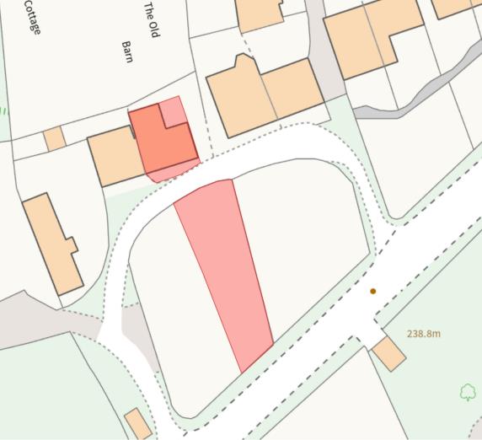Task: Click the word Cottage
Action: (x=33, y=15)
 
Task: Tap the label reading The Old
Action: (x=152, y=19)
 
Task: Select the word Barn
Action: (x=128, y=51)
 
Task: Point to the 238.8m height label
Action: (x=424, y=334)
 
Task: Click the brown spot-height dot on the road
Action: (x=372, y=292)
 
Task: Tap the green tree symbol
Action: (x=468, y=392)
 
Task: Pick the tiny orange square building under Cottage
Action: (x=55, y=138)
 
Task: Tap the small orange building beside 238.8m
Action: (x=389, y=353)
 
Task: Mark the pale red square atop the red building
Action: (x=174, y=110)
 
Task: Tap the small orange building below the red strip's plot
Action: (x=138, y=423)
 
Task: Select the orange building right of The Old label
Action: (x=259, y=13)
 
